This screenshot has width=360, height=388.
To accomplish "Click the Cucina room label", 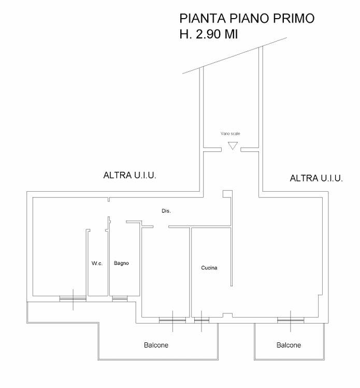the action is tap(209, 268).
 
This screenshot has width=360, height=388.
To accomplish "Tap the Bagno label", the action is tap(121, 263).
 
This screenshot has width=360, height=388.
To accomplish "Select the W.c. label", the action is tap(97, 263).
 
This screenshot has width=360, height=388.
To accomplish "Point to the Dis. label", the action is tap(166, 211).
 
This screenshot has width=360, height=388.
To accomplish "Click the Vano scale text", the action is tap(231, 134).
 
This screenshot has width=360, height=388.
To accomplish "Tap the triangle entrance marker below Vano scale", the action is tap(233, 146).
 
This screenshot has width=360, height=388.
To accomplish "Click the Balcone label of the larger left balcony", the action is tap(156, 345).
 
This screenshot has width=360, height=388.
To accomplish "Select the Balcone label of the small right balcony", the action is tap(289, 345).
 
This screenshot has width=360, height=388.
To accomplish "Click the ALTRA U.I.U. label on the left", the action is tap(129, 175).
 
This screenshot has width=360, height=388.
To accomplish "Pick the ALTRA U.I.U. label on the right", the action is tap(316, 178).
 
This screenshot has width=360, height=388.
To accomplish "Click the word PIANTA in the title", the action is tap(203, 18).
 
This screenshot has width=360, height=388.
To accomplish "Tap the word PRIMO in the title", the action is tap(294, 18).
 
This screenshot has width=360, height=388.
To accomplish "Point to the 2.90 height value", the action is tap(208, 34).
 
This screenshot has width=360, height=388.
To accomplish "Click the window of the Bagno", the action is tap(120, 299).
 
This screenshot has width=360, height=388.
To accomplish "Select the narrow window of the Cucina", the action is tap(201, 321).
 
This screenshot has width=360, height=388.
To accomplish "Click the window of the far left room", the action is tap(73, 299).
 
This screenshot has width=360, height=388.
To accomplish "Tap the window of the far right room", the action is tap(291, 321).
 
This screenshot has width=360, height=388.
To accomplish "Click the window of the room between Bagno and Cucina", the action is tap(172, 321).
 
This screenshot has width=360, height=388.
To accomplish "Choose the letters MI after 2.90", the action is tap(231, 34).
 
